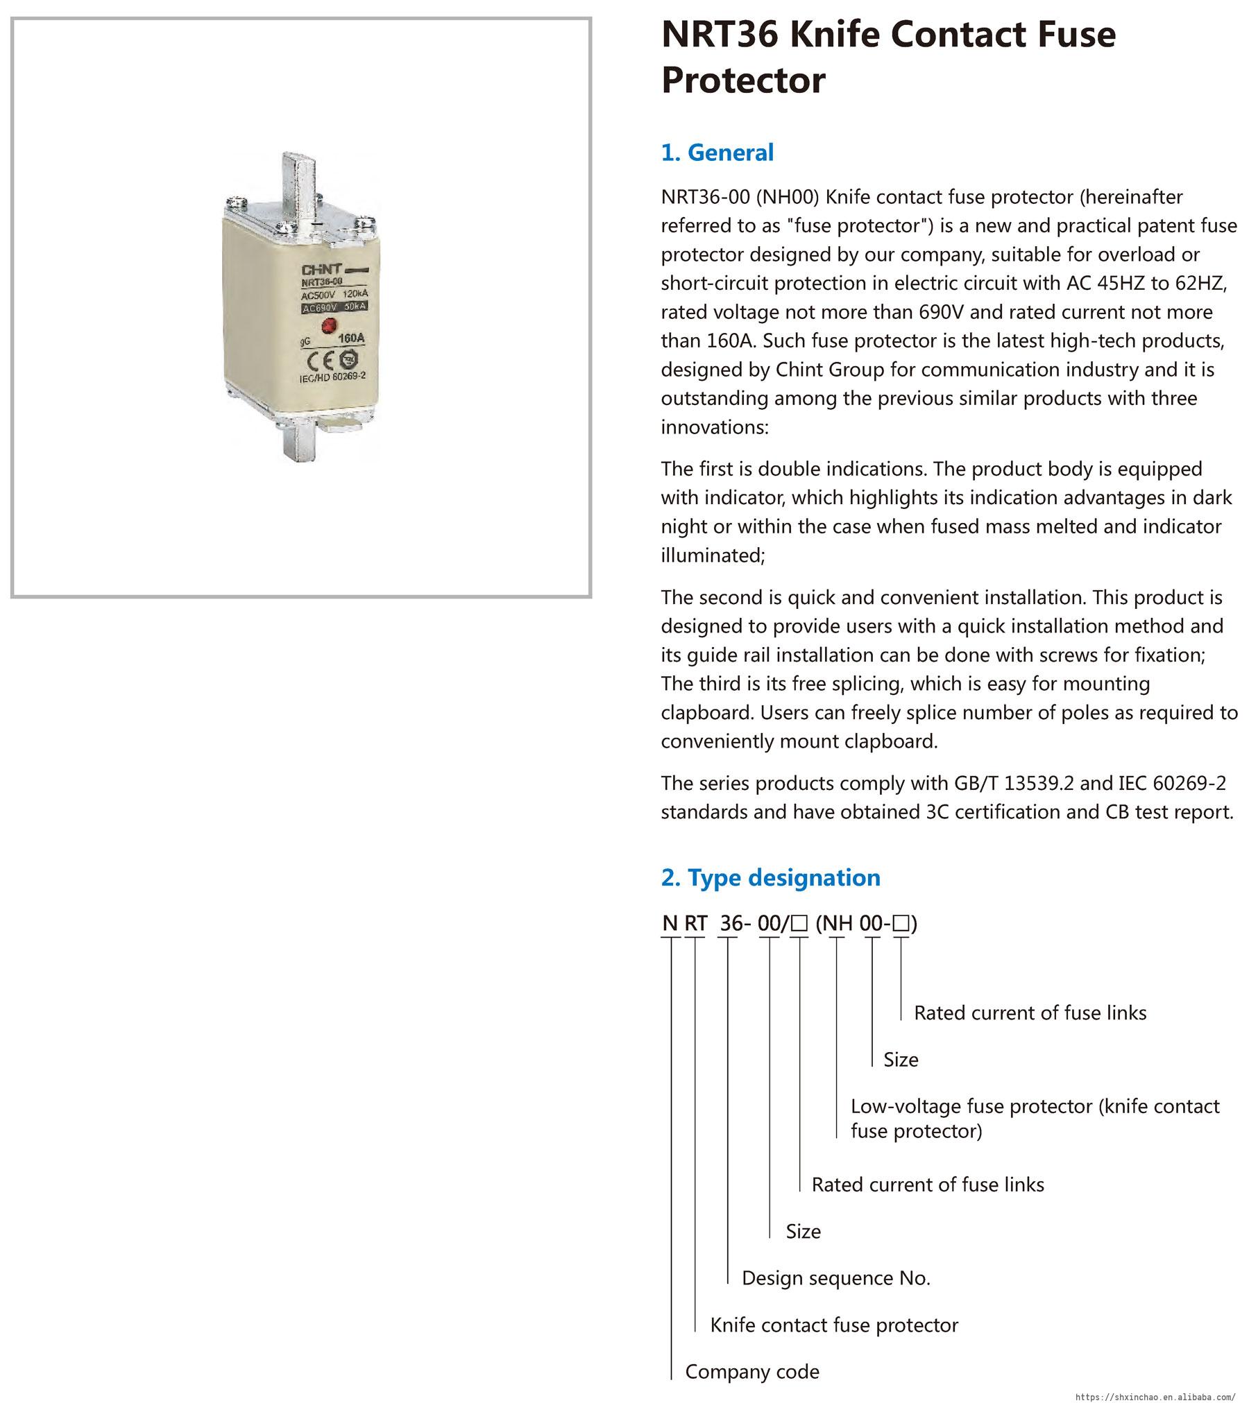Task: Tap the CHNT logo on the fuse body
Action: (x=321, y=269)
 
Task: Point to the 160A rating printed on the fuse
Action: (x=351, y=338)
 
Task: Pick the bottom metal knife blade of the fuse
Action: (x=300, y=444)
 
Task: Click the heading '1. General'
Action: (x=717, y=153)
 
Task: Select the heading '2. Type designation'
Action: (x=770, y=877)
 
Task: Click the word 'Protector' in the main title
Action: (x=743, y=80)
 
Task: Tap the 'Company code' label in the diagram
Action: (x=752, y=1371)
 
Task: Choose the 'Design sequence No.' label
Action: (x=835, y=1277)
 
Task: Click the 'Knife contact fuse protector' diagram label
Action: (x=833, y=1325)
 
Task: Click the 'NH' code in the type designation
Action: (x=838, y=923)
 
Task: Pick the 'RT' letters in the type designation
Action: (x=695, y=923)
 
